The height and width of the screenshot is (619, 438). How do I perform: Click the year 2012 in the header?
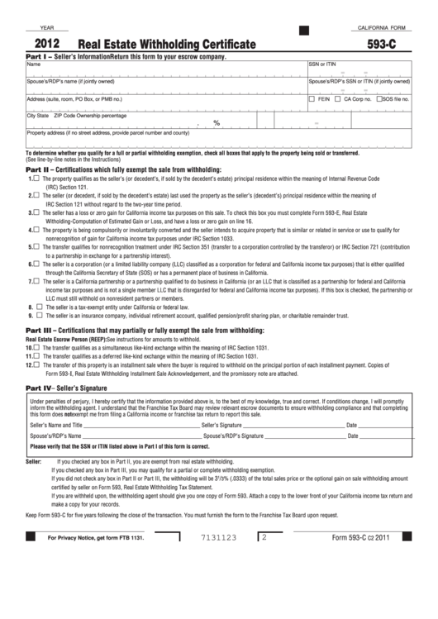pyautogui.click(x=46, y=47)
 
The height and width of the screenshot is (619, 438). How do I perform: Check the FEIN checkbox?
pyautogui.click(x=312, y=98)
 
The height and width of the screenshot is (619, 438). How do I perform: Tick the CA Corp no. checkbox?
pyautogui.click(x=337, y=98)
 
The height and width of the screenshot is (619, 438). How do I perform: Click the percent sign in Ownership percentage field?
pyautogui.click(x=217, y=123)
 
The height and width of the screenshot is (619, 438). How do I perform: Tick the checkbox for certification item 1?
pyautogui.click(x=36, y=178)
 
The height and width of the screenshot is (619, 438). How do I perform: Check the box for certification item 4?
pyautogui.click(x=36, y=229)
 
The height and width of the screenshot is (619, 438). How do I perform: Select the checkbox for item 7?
pyautogui.click(x=36, y=280)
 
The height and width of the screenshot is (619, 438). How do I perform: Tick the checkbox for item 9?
pyautogui.click(x=36, y=315)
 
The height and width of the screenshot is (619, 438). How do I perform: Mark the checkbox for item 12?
pyautogui.click(x=36, y=364)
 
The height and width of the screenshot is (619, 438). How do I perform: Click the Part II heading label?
pyautogui.click(x=40, y=169)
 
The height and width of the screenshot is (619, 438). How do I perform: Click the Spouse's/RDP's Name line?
pyautogui.click(x=140, y=435)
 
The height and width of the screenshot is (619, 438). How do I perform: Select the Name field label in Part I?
pyautogui.click(x=34, y=64)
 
